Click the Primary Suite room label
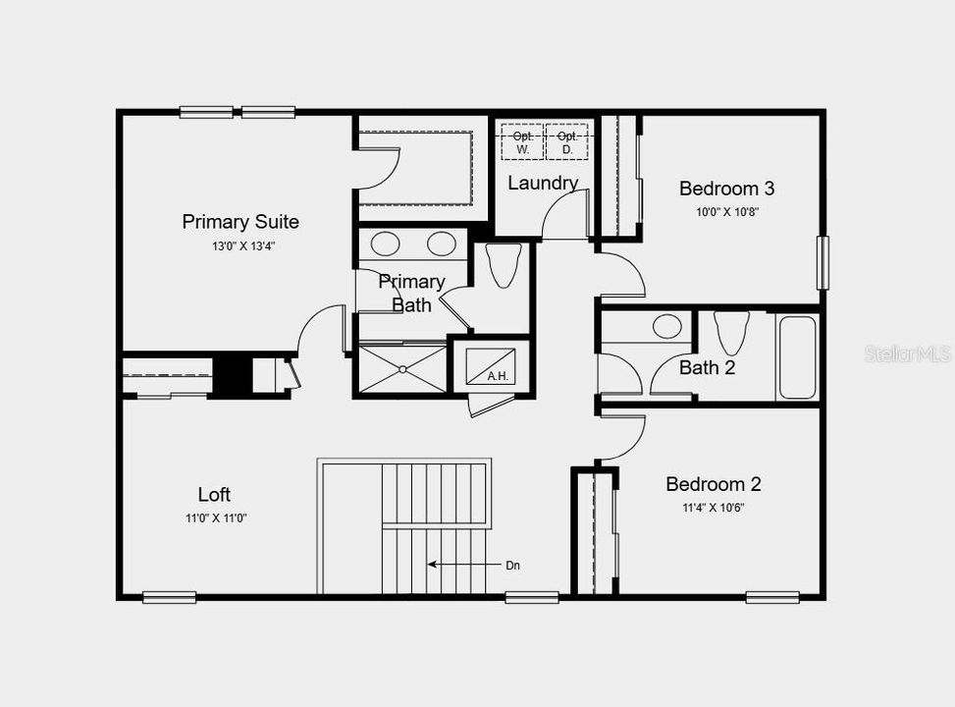[x=240, y=222]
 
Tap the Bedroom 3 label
[x=727, y=189]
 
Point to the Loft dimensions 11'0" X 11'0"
[x=215, y=518]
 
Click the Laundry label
[x=542, y=183]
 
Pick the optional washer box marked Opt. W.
[x=522, y=141]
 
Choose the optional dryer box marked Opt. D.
[x=566, y=141]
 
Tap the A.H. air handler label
[x=497, y=375]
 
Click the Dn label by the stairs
[x=513, y=565]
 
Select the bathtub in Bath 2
[x=797, y=356]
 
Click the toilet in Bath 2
[x=731, y=332]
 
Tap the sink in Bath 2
[x=667, y=326]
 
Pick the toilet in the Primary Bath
[x=504, y=264]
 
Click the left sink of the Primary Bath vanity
[x=385, y=244]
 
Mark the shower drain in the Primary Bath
[x=402, y=369]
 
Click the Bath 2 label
[x=707, y=368]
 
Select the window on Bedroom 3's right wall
[x=822, y=262]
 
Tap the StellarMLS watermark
[x=908, y=353]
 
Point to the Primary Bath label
[x=411, y=293]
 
